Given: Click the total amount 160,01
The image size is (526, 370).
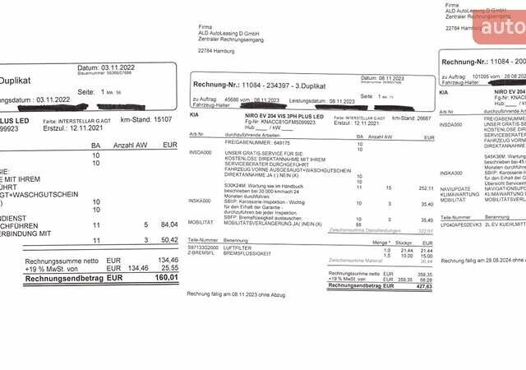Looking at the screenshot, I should (166, 278).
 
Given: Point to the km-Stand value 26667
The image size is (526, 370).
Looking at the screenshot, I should (423, 118).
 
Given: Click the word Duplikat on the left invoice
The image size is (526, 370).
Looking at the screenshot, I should (17, 81).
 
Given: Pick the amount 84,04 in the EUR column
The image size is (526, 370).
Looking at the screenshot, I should (168, 224).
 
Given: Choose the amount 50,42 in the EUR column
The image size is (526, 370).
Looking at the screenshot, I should (168, 240).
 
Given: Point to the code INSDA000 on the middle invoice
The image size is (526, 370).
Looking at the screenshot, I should (201, 152).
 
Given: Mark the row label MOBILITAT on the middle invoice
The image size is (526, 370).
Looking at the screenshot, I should (201, 221).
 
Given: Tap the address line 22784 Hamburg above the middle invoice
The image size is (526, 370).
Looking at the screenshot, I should (218, 51).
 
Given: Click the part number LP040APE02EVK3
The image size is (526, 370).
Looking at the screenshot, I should (461, 223).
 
